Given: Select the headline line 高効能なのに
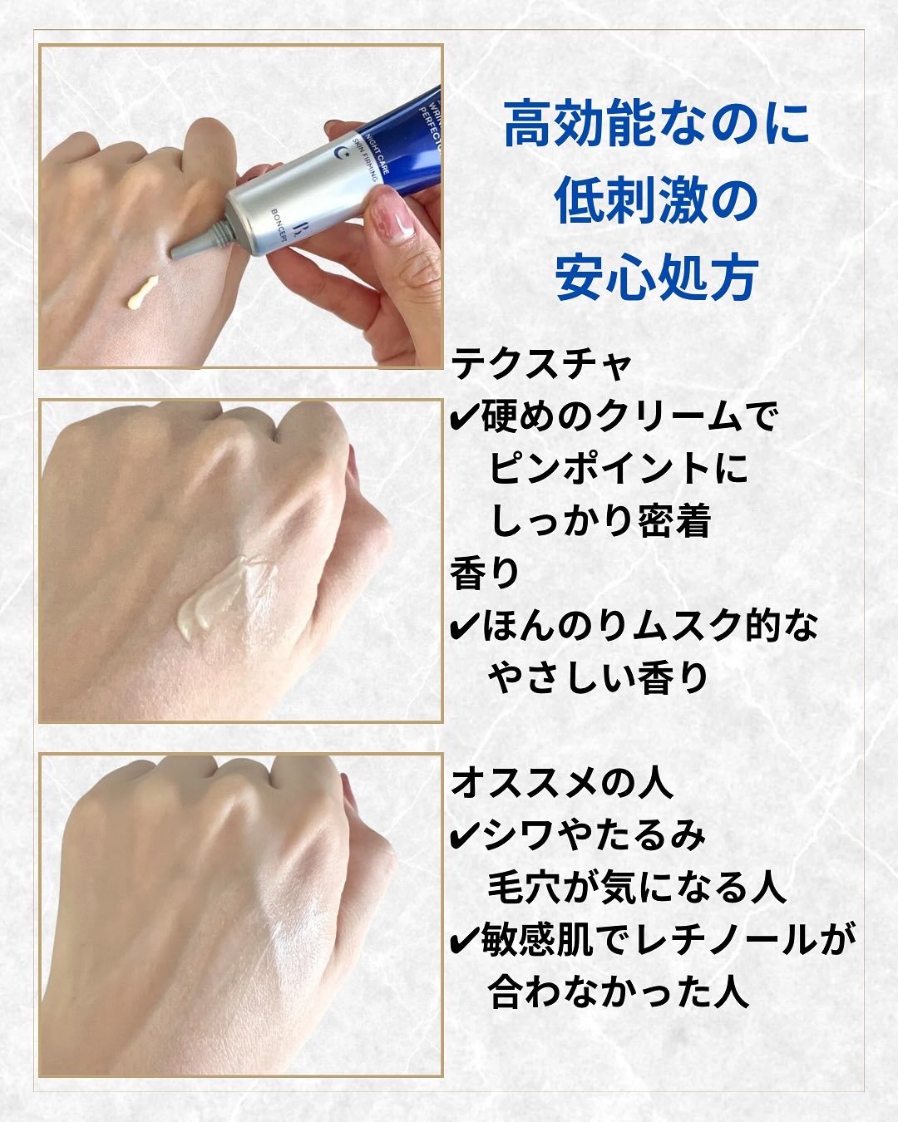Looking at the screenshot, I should point(657,124).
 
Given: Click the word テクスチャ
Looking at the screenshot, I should point(541,363).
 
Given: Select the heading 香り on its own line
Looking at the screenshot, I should point(486,573).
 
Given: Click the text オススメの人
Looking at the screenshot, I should point(561,783).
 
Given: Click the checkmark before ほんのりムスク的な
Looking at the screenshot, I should point(462,627).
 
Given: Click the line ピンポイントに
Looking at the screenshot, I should point(618,469).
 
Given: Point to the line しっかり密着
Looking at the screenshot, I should point(600,521).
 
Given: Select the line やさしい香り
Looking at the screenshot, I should point(598,678).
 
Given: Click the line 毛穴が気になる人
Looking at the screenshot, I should point(637,888).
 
